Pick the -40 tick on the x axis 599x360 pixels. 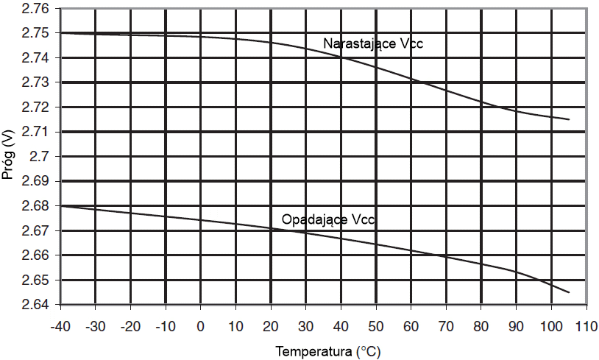(x=60, y=325)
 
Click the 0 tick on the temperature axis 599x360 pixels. (x=200, y=325)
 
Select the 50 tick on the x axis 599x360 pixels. (x=375, y=325)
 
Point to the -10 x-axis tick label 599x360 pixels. (x=166, y=325)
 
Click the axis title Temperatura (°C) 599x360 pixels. (x=328, y=351)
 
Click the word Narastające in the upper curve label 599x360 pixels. (x=358, y=44)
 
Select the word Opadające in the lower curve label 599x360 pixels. (x=314, y=219)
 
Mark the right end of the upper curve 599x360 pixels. (x=569, y=119)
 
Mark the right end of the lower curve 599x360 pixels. (x=569, y=292)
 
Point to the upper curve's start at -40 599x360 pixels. (x=60, y=33)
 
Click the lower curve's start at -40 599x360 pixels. (x=60, y=206)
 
